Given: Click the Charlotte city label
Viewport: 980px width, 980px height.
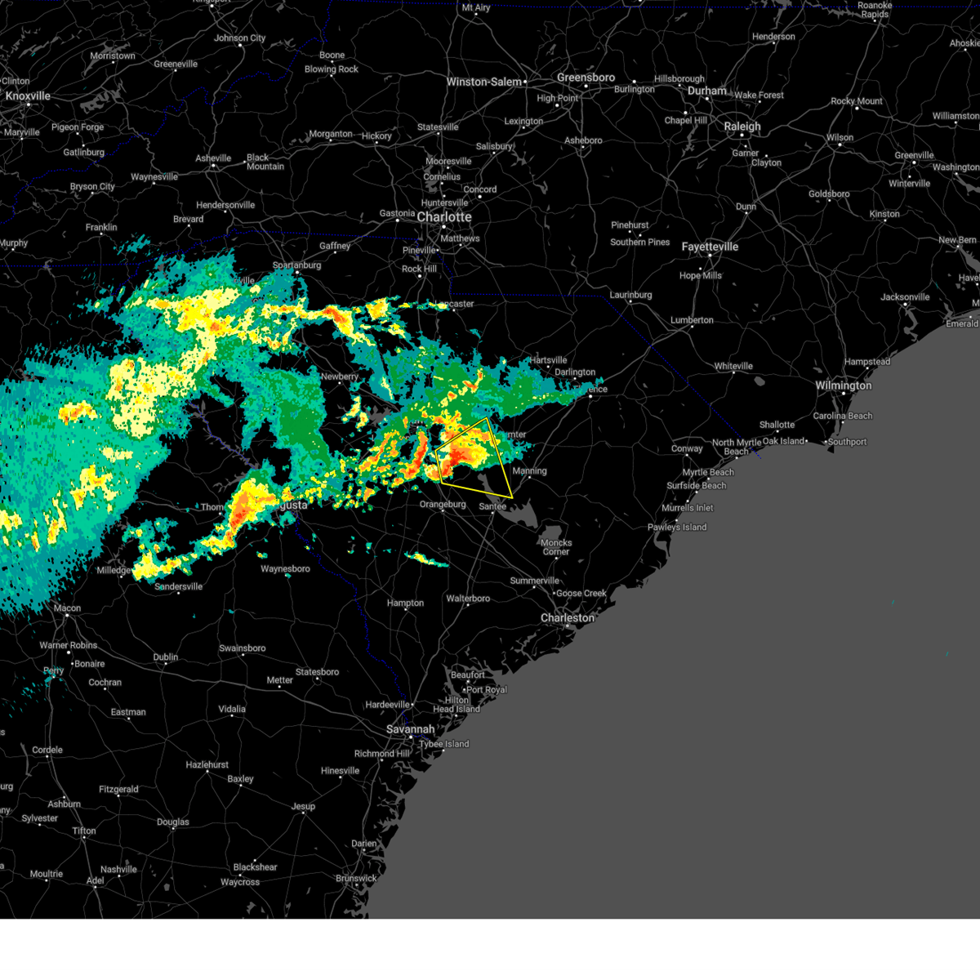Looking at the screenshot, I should (x=444, y=217).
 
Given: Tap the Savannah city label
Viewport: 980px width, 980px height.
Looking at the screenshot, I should (x=411, y=729).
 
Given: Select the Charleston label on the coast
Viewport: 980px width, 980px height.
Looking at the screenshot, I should (x=568, y=618).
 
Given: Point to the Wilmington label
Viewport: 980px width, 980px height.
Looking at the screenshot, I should (x=844, y=385).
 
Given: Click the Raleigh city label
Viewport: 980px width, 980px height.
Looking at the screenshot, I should (x=742, y=127).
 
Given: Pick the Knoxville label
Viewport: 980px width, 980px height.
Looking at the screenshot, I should (x=28, y=96).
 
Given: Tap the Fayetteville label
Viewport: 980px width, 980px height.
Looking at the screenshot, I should (x=710, y=247).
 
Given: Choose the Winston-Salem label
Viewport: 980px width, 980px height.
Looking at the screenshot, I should (x=483, y=82).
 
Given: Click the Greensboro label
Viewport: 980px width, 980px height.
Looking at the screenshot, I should (x=586, y=78).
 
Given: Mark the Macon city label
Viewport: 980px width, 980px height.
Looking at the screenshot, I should (x=68, y=608).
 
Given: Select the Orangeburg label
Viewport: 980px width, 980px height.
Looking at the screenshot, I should (x=443, y=505).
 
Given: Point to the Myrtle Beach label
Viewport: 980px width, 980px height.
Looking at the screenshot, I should (x=708, y=472).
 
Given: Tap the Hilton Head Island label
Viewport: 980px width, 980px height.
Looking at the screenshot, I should (x=457, y=705).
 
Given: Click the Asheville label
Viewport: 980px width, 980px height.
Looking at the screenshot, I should (x=213, y=158).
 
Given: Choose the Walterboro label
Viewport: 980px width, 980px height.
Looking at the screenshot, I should (x=468, y=599).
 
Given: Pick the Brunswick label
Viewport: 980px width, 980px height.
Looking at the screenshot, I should (x=356, y=879).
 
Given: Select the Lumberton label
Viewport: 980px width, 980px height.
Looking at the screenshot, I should (x=692, y=320).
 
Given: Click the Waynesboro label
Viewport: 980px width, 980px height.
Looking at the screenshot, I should (x=285, y=569).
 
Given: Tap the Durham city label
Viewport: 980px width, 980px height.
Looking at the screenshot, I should (x=707, y=91).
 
